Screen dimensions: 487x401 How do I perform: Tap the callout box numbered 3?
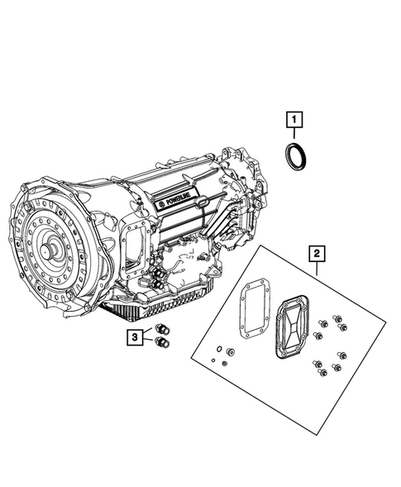click(133, 337)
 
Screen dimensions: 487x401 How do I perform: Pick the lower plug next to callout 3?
click(162, 343)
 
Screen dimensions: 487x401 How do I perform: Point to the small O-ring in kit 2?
click(217, 350)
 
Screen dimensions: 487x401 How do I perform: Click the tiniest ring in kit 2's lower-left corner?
click(212, 360)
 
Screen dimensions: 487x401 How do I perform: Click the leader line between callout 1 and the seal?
click(294, 135)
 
